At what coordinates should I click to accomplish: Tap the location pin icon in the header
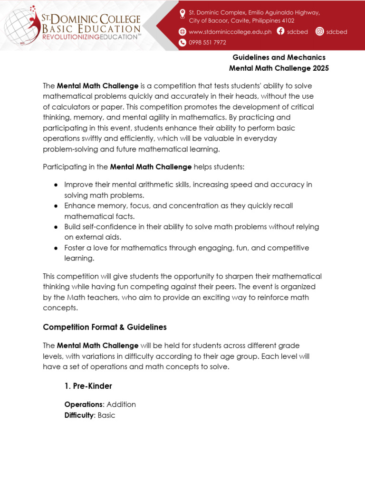point(182,13)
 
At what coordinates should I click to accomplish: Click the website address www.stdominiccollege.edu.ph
point(230,32)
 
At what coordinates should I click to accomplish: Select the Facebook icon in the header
point(280,32)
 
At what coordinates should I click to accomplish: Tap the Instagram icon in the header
point(319,32)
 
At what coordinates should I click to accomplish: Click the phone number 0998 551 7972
point(207,43)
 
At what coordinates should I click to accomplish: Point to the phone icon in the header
point(182,43)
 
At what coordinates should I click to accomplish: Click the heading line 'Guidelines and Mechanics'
point(279,57)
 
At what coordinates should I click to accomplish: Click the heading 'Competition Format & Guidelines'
point(105,327)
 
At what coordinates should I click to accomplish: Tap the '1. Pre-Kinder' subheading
point(88,386)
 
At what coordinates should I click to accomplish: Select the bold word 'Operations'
point(84,404)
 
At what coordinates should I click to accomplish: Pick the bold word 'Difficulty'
point(79,415)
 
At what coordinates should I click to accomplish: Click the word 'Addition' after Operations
point(121,404)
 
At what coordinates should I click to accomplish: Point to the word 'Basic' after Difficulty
point(106,415)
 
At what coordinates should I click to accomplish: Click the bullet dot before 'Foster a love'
point(56,248)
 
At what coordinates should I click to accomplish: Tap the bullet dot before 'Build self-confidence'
point(56,227)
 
